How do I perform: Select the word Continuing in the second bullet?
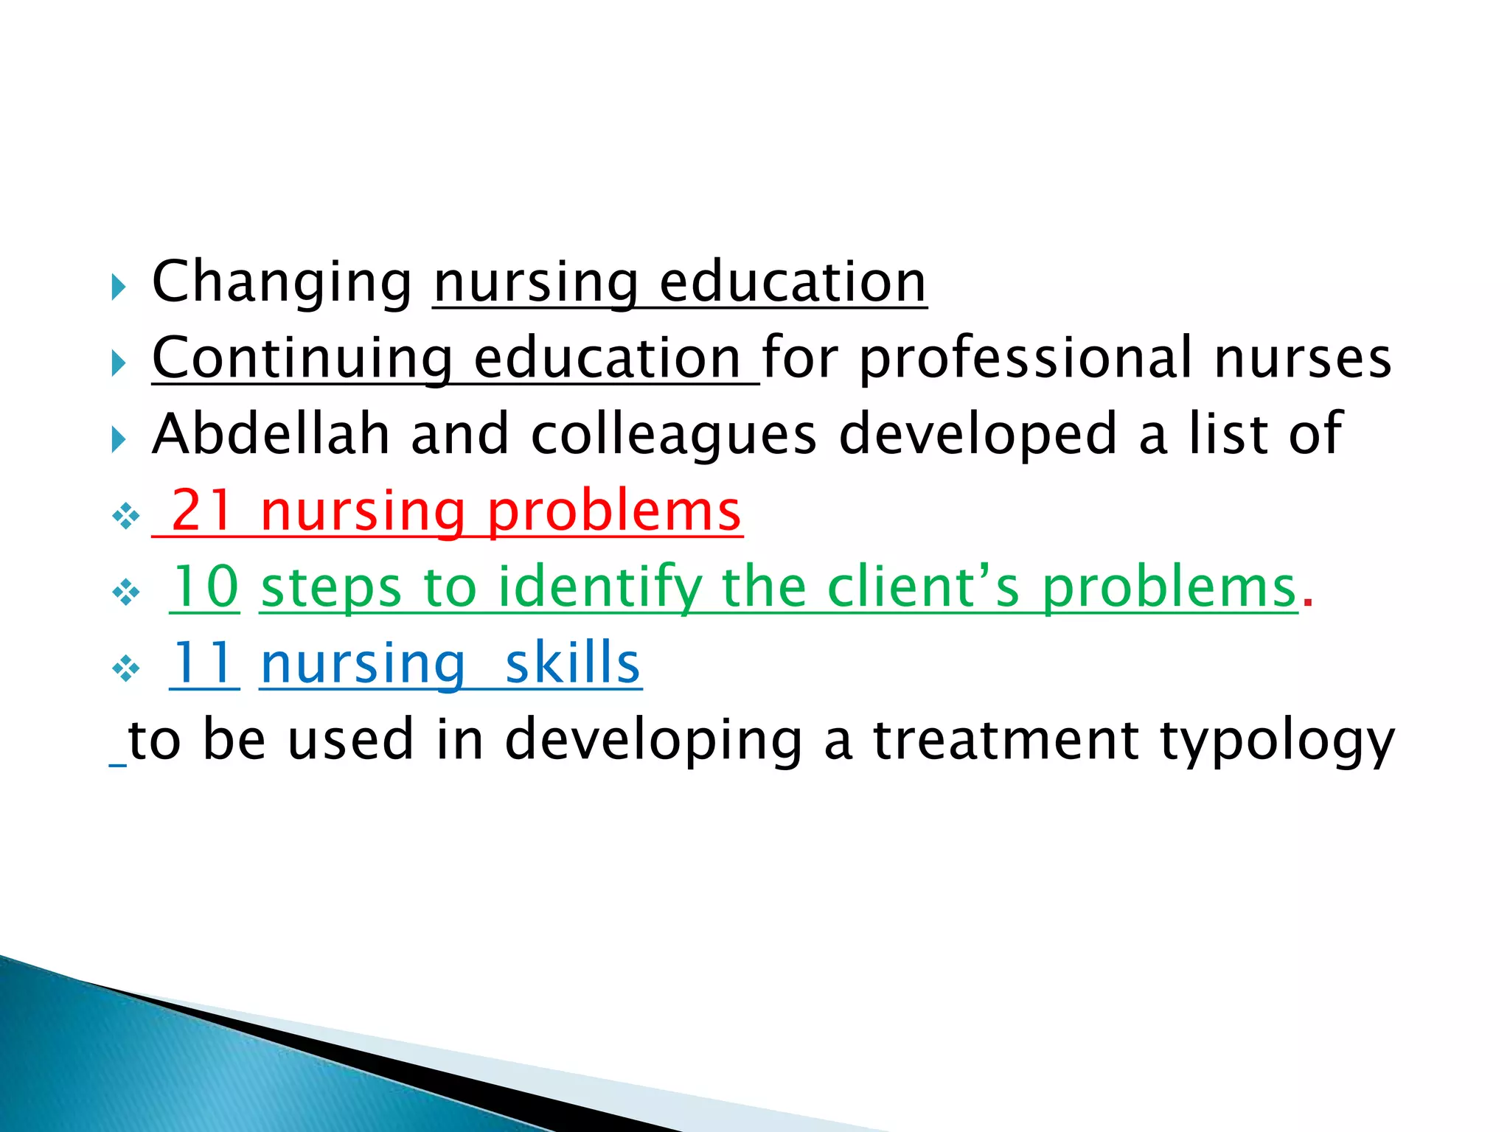[302, 359]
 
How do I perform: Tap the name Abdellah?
[271, 434]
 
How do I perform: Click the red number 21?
[202, 511]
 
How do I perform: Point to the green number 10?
[204, 587]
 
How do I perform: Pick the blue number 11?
[204, 664]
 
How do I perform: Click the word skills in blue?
[572, 664]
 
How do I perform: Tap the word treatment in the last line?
[1006, 739]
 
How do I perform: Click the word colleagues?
[674, 436]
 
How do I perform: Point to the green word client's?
[923, 587]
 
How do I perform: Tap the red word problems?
[613, 512]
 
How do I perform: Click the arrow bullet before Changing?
[119, 287]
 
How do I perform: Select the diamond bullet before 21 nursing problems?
[126, 517]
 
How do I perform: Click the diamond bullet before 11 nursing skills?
[126, 669]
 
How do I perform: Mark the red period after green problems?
[1308, 601]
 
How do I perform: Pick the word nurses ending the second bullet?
[1302, 359]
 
